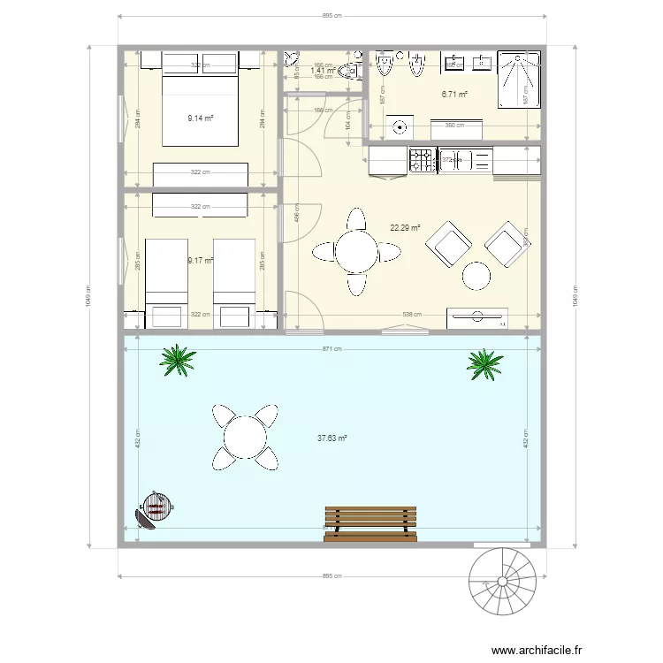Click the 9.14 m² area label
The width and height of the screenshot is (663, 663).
[x=201, y=117]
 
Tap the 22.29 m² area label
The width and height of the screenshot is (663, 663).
[x=405, y=227]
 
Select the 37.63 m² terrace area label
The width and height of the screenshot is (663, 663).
[x=331, y=438]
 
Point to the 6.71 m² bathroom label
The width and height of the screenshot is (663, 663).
[x=454, y=94]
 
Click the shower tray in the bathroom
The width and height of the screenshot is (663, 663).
[x=518, y=80]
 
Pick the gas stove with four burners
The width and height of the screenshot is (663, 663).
[x=421, y=160]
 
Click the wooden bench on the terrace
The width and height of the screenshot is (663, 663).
[x=370, y=523]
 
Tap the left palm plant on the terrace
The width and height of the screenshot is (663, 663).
[x=178, y=359]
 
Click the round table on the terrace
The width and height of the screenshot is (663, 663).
[x=244, y=436]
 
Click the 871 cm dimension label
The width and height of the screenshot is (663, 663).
[x=332, y=349]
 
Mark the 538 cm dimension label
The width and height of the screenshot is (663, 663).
[x=412, y=314]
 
